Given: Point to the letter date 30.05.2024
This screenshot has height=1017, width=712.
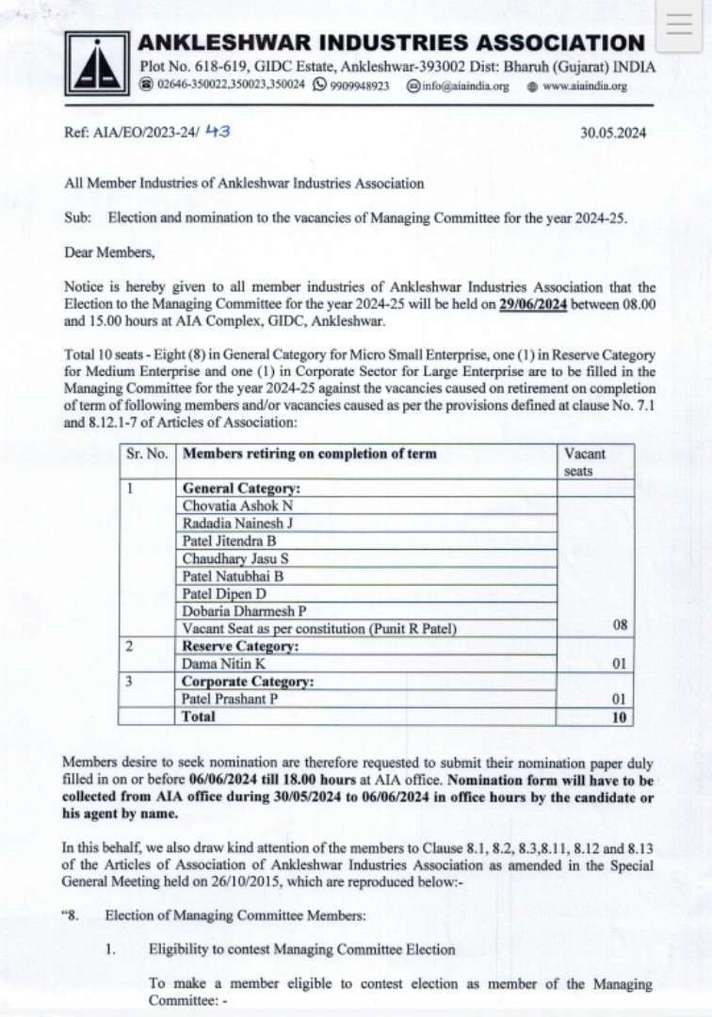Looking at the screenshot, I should click(613, 134).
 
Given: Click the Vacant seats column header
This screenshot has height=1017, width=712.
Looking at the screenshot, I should click(584, 461).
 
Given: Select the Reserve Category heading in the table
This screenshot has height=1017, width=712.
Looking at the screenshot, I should click(240, 647).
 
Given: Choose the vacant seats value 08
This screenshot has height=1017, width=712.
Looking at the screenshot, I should click(618, 625).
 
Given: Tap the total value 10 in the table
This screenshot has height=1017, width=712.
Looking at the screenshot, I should click(618, 717).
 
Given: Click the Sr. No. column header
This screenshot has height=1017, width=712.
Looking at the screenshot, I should click(147, 454).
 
